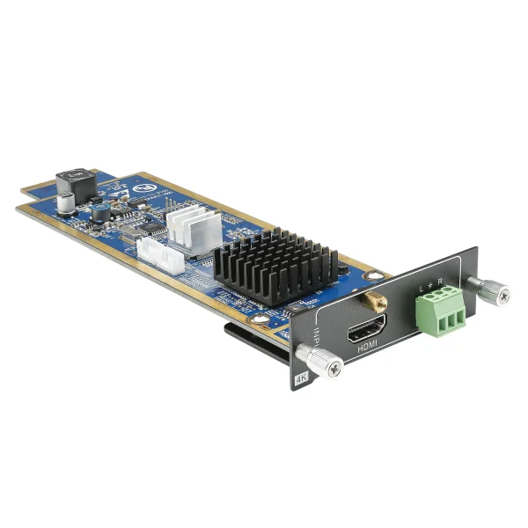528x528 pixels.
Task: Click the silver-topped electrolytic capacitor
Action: (x=66, y=202)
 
